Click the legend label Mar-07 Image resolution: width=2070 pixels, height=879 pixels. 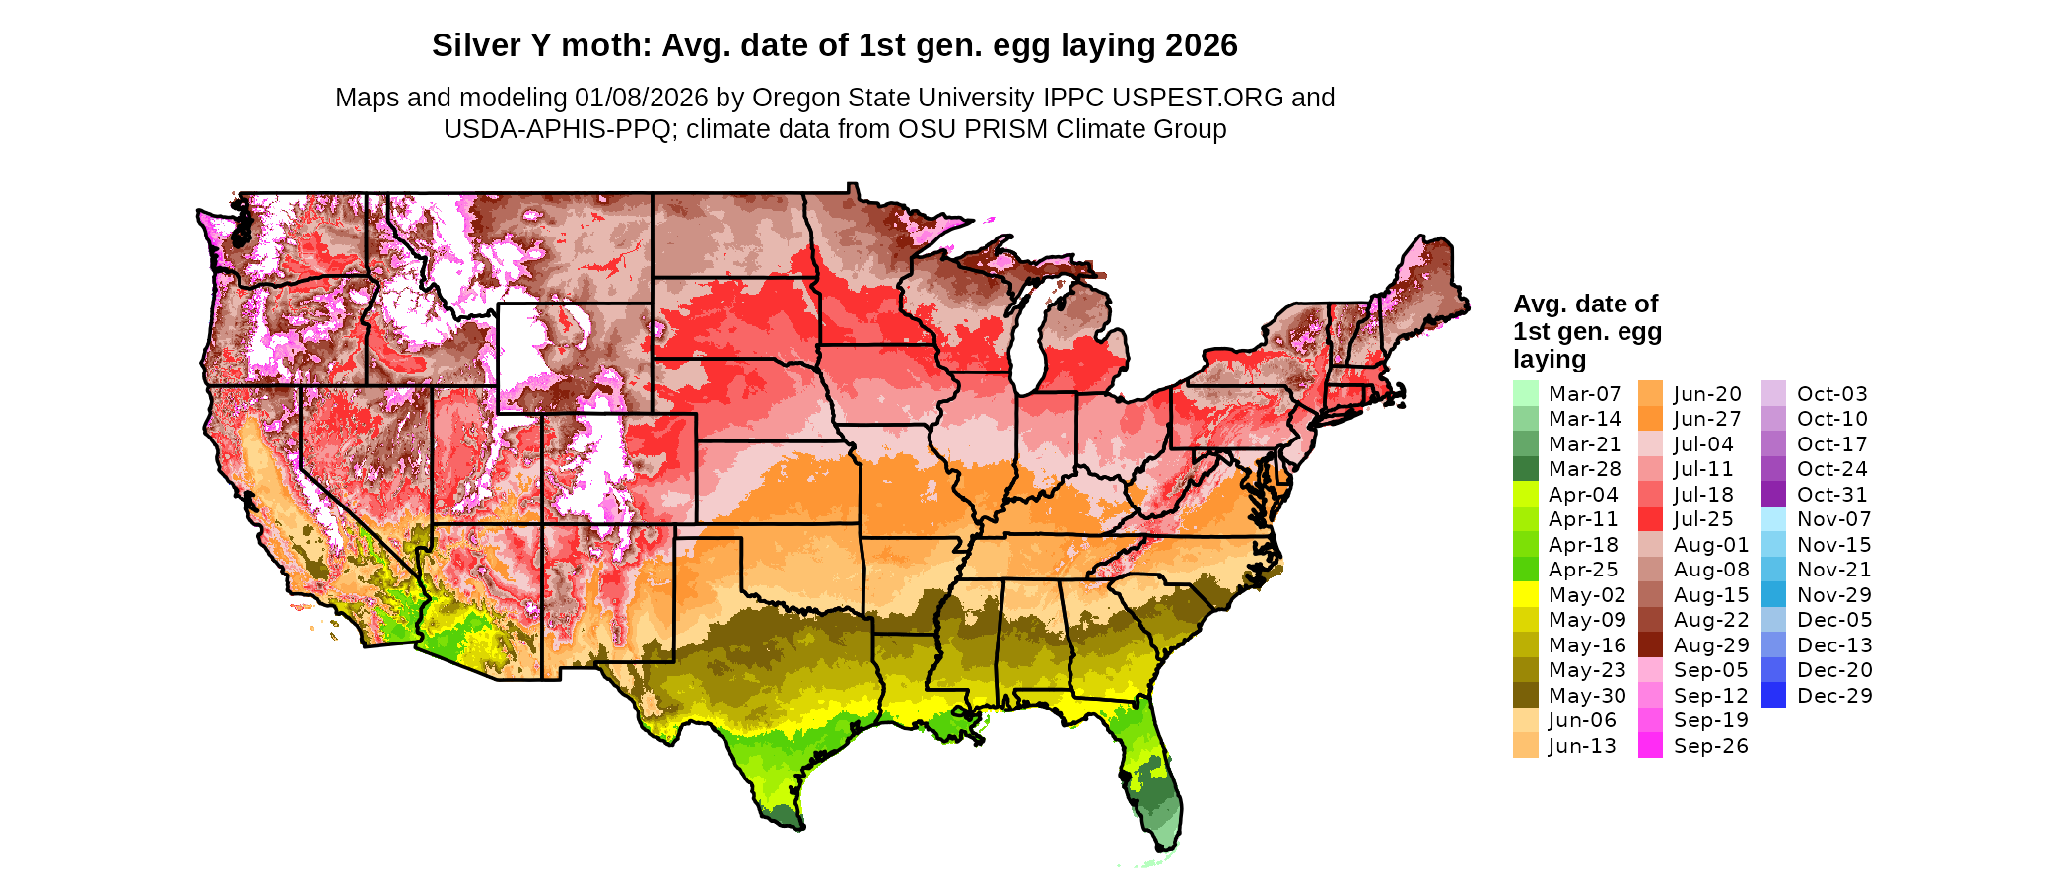(1584, 394)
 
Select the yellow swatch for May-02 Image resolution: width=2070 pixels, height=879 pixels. (1525, 595)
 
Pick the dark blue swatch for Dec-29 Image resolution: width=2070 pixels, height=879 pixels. (1773, 696)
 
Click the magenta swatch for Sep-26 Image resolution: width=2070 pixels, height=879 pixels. (1650, 746)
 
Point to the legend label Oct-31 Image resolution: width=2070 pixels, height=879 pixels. (1832, 495)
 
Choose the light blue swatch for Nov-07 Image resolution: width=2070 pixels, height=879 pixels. (1773, 519)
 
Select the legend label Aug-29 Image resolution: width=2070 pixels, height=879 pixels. (1711, 645)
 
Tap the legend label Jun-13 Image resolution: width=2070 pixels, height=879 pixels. (1582, 746)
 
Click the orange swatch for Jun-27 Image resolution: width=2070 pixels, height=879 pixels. (1650, 419)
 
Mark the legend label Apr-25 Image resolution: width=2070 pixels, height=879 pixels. (1583, 570)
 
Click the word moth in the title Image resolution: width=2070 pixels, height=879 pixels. (600, 45)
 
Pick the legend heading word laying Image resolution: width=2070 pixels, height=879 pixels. (1550, 359)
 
